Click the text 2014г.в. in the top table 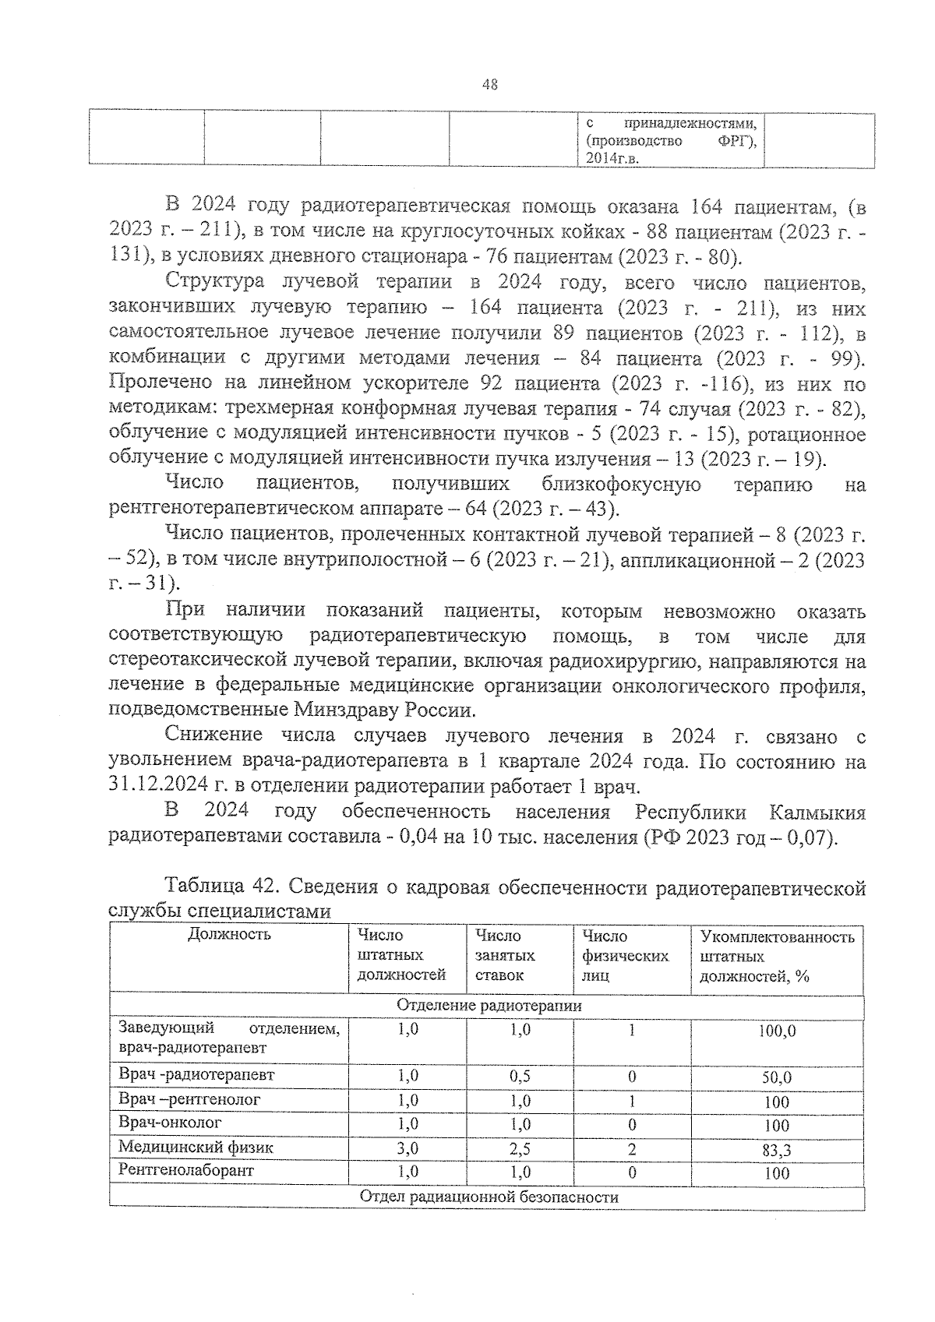coord(613,159)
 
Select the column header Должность coord(229,935)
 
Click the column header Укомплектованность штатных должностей coord(776,956)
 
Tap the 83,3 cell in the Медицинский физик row coord(776,1150)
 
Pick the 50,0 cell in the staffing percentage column coord(776,1078)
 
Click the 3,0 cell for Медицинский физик coord(408,1148)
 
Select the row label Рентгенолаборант coord(186,1170)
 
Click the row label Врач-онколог coord(170,1123)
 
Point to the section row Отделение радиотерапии coord(489,1006)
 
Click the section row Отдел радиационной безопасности coord(489,1197)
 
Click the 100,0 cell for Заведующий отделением coord(776,1031)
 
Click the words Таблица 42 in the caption coord(218,887)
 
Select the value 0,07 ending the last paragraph coord(810,838)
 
